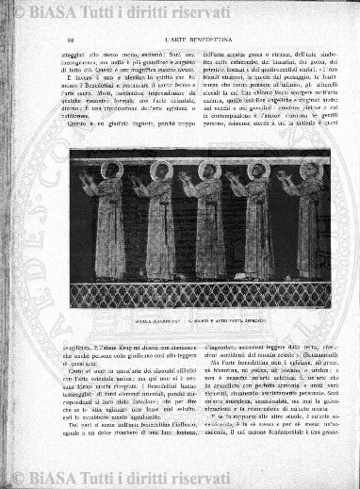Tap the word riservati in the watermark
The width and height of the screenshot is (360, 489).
click(213, 11)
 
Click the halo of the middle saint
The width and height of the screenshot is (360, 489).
click(209, 170)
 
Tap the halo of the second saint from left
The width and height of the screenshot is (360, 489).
click(161, 171)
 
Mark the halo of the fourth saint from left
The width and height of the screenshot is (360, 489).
click(256, 171)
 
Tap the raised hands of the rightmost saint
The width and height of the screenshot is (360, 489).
click(282, 179)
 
